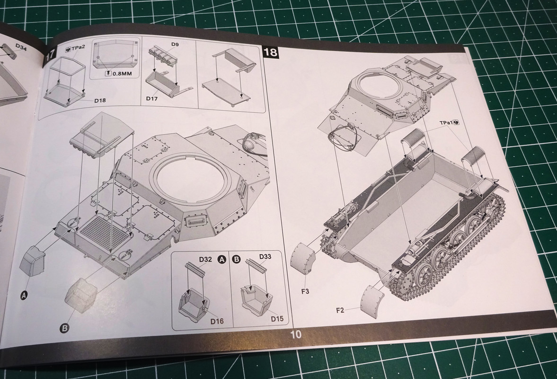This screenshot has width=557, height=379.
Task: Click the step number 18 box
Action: click(272, 52)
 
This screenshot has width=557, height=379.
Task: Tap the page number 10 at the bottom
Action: click(296, 334)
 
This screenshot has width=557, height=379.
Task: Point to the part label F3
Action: click(304, 291)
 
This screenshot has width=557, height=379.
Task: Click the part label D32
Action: click(205, 260)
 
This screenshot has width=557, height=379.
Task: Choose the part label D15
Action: click(277, 318)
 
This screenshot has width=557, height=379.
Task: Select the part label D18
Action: click(100, 100)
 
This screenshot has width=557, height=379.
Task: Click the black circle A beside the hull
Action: click(25, 295)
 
